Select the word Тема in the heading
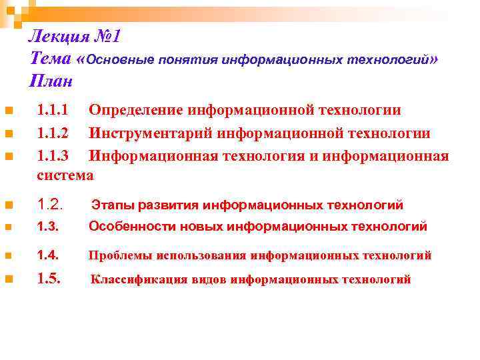(x=51, y=59)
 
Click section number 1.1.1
(x=52, y=110)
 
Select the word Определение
(x=136, y=110)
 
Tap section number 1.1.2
(x=52, y=133)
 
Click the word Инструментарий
(x=151, y=133)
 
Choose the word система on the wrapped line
(x=65, y=176)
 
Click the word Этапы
(x=111, y=205)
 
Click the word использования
(x=203, y=255)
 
